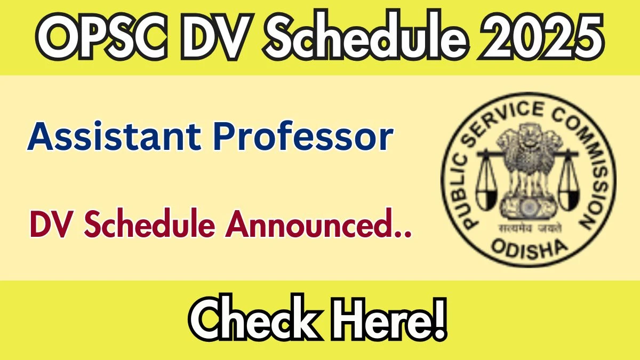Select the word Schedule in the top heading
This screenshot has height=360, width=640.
[367, 35]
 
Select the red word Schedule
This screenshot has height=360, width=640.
[149, 222]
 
